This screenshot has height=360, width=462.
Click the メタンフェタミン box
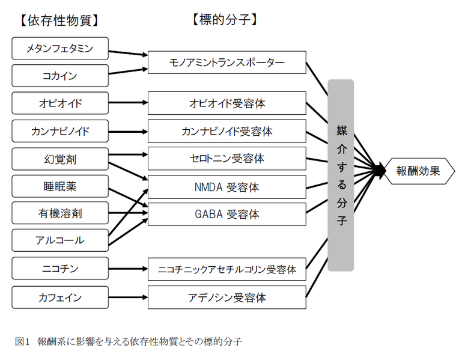60,49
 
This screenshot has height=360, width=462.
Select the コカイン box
60,76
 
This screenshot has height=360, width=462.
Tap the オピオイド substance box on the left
60,103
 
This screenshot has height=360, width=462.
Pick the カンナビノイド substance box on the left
60,131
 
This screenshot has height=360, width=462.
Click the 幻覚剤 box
60,159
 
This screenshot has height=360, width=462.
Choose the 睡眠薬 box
60,186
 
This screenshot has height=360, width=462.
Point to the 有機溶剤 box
60,213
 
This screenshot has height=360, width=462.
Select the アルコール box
60,240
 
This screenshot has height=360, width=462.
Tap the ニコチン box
60,269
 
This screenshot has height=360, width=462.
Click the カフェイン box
60,297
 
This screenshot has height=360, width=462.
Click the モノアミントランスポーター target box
226,63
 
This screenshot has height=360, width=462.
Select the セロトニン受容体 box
226,159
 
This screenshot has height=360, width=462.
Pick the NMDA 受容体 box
226,187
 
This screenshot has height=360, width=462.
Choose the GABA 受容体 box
226,214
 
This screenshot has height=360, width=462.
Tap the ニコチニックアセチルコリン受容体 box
226,269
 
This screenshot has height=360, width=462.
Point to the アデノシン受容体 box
226,297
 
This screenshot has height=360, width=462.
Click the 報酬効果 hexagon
418,171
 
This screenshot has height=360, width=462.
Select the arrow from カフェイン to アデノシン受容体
128,297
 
